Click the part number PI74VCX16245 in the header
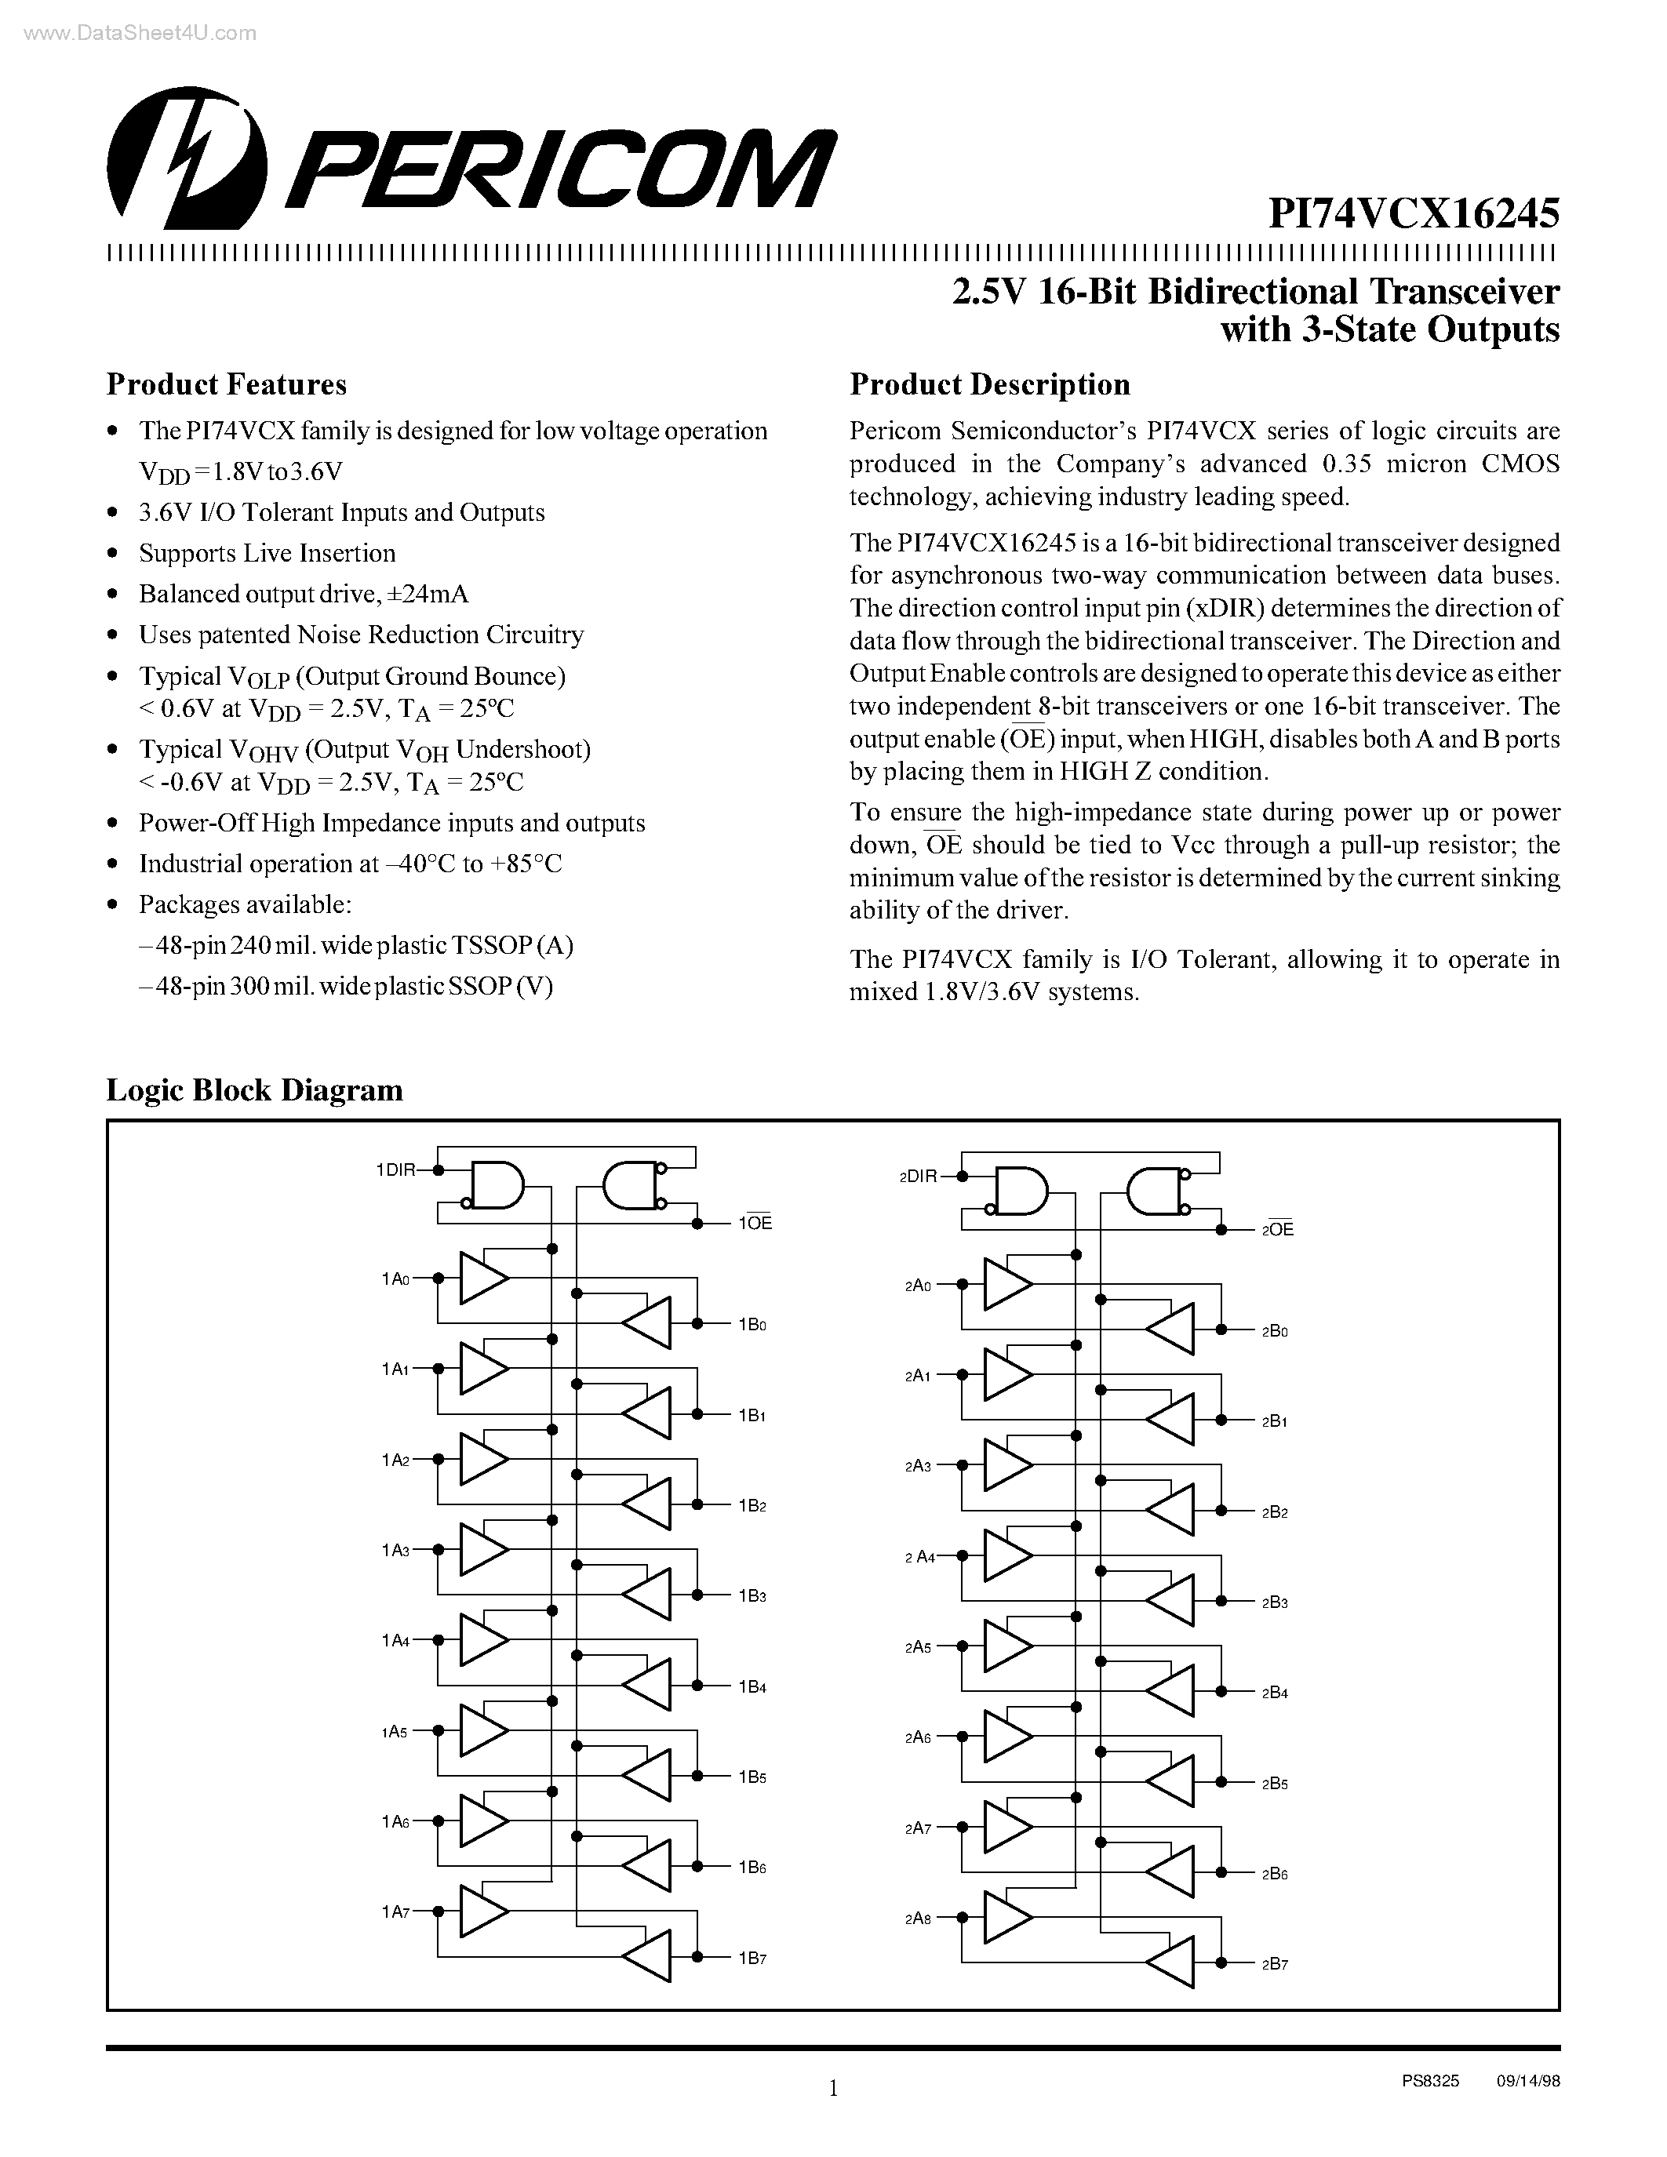coord(1413,213)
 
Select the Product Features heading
coord(226,384)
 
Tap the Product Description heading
coord(989,384)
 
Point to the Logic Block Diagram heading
coord(255,1089)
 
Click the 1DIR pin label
coord(395,1170)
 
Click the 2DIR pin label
coord(918,1177)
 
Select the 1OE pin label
coord(755,1224)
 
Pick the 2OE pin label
coord(1278,1230)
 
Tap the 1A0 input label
coord(395,1279)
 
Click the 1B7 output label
coord(752,1959)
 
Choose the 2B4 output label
coord(1275,1693)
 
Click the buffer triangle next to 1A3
coord(482,1551)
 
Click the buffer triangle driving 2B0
coord(1171,1329)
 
